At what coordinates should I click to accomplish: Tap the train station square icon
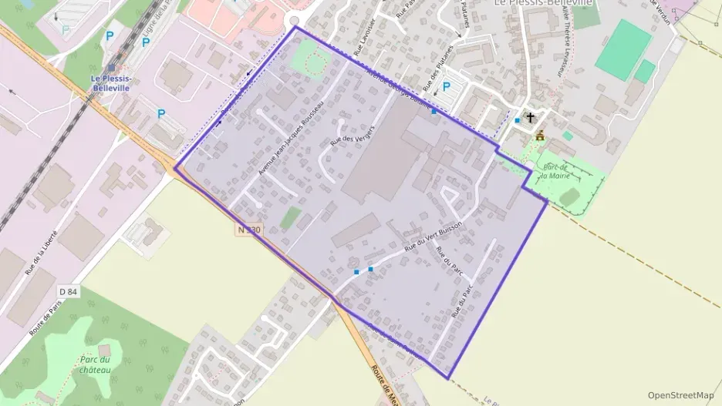[x=112, y=68]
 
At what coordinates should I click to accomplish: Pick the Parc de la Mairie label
[x=555, y=170]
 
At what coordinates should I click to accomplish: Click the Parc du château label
[x=96, y=364]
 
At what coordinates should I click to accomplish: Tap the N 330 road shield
[x=249, y=230]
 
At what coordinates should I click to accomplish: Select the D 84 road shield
[x=68, y=291]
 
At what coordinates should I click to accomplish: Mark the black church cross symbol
[x=530, y=118]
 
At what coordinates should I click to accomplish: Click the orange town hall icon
[x=540, y=136]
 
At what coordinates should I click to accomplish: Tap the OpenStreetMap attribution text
[x=680, y=395]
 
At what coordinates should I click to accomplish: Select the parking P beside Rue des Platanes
[x=446, y=87]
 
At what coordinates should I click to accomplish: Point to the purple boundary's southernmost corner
[x=448, y=377]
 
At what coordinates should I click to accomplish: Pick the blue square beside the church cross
[x=517, y=121]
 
